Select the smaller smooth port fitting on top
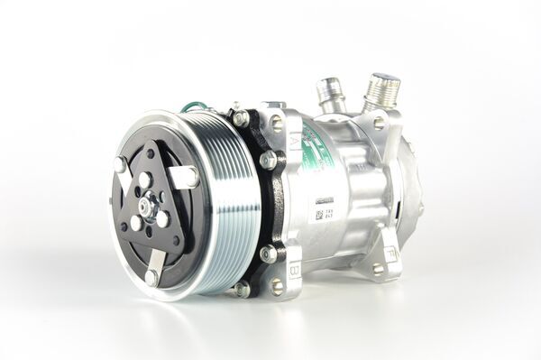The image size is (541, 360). tap(329, 94)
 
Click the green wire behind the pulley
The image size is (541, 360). tap(192, 107)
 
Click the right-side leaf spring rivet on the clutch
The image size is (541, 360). tap(193, 176)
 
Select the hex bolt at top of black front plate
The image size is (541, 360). tap(240, 118)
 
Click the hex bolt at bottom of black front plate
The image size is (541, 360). tap(241, 289)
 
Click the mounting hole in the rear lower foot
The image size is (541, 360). tap(378, 268)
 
